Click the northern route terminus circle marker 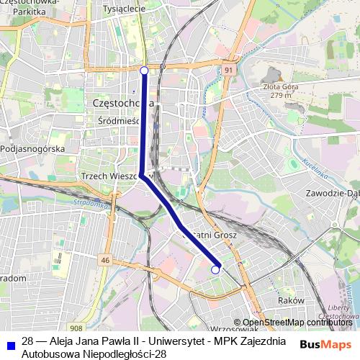[144, 71]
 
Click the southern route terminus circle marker [215, 269]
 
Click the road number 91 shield [228, 70]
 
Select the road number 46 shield [106, 260]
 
